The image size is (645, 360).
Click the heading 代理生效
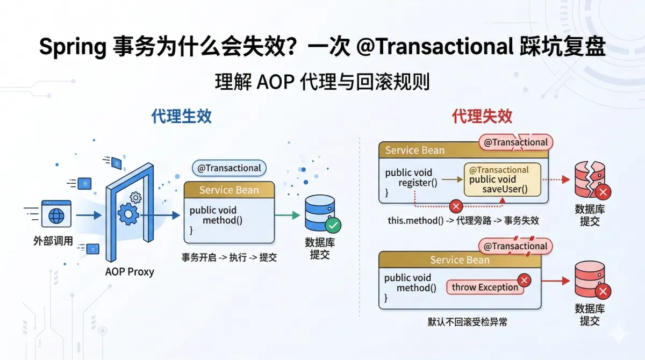pyautogui.click(x=181, y=117)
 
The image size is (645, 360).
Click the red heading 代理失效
pyautogui.click(x=482, y=117)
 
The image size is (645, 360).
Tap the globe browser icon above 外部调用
pyautogui.click(x=56, y=215)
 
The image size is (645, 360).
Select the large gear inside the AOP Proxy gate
pyautogui.click(x=128, y=214)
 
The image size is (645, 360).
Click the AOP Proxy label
pyautogui.click(x=130, y=271)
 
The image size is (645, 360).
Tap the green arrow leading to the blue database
pyautogui.click(x=287, y=215)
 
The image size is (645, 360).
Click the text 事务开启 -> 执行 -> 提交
pyautogui.click(x=230, y=257)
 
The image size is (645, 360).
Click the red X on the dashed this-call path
pyautogui.click(x=456, y=206)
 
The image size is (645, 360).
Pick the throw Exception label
pyautogui.click(x=485, y=287)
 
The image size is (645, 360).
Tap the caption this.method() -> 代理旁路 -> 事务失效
pyautogui.click(x=463, y=221)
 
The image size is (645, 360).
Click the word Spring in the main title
pyautogui.click(x=73, y=48)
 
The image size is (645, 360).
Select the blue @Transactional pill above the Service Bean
pyautogui.click(x=229, y=168)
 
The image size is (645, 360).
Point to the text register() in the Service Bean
pyautogui.click(x=418, y=183)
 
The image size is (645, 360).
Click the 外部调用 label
pyautogui.click(x=53, y=241)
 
